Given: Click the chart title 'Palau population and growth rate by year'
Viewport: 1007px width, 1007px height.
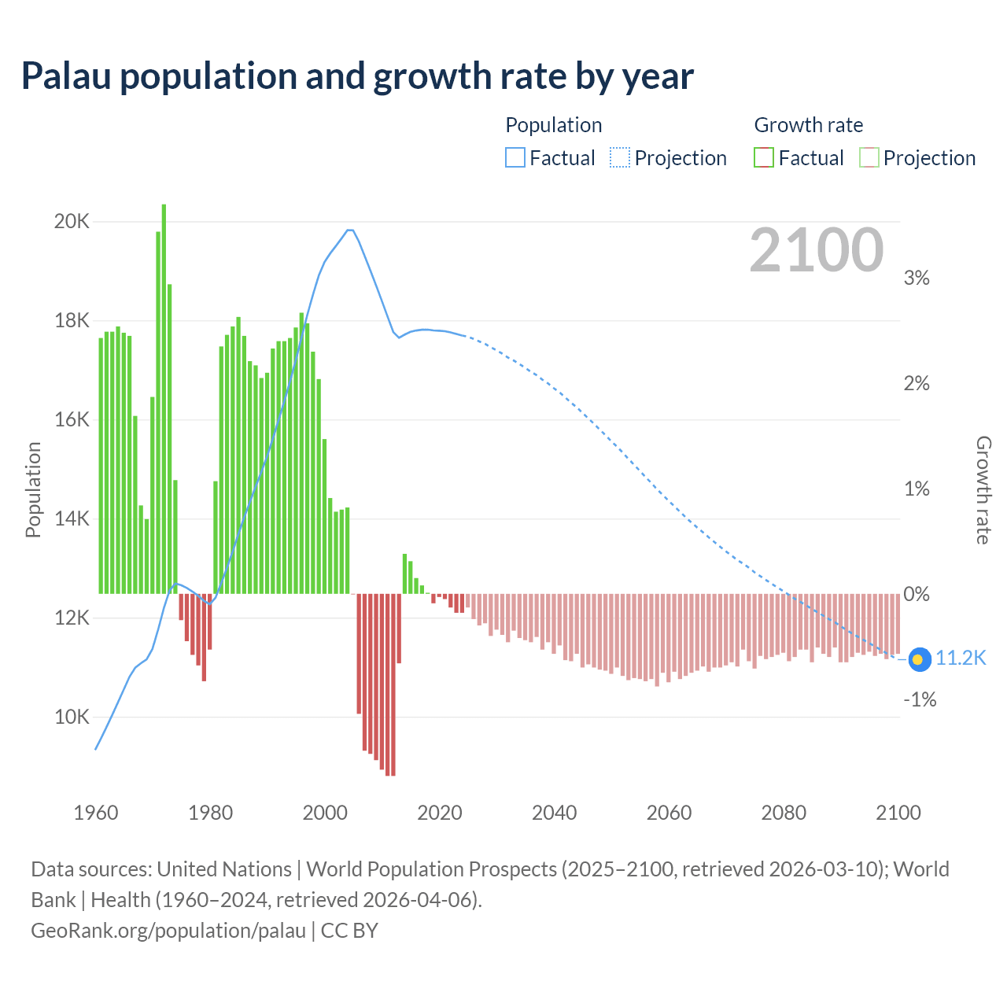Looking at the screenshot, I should pos(357,76).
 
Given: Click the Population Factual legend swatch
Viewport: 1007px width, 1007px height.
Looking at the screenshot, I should pos(515,157).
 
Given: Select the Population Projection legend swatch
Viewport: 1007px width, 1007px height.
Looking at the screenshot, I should pos(619,157).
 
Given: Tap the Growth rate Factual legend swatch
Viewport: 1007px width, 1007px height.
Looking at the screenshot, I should pos(763,157).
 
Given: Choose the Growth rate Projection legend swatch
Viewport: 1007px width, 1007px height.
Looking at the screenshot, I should pos(869,157).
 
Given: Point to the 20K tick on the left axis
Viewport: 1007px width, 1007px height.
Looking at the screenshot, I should pos(72,221).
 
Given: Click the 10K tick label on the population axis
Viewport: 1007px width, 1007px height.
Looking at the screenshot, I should pos(72,717).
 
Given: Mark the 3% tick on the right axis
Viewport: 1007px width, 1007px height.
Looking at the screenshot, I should pos(917,278).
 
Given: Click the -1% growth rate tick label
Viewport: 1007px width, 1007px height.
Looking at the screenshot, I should pos(919,699).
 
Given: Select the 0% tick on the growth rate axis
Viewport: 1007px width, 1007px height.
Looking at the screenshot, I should pos(917,594).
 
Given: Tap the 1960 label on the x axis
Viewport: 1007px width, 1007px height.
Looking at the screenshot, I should pos(96,813).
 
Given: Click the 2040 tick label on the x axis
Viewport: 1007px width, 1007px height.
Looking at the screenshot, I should pos(555,813).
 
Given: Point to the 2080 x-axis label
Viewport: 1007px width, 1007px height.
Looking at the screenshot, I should pos(784,813).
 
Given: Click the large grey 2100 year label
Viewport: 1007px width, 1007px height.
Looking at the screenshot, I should pos(817,250).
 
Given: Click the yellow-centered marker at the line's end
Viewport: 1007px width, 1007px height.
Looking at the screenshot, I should pos(919,659).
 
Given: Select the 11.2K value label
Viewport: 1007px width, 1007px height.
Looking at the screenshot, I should pos(961,658).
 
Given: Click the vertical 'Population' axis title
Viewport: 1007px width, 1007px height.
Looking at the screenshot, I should pos(33,489).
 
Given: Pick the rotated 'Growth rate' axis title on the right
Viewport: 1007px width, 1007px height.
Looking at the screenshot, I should pos(983,489).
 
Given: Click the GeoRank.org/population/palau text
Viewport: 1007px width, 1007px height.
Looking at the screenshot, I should pos(168,931).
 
